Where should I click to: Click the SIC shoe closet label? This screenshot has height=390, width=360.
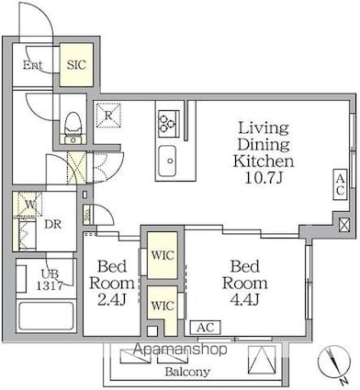click(x=76, y=65)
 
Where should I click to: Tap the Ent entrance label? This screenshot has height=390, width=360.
click(x=33, y=65)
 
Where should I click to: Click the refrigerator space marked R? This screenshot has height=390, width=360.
click(x=108, y=116)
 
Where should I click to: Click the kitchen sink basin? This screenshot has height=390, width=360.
click(x=167, y=161)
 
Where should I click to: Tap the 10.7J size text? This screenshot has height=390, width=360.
click(x=264, y=177)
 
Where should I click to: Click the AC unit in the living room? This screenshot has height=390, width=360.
click(x=340, y=184)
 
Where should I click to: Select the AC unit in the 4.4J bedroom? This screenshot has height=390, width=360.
click(x=205, y=328)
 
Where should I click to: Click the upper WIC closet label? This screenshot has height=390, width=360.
click(x=163, y=255)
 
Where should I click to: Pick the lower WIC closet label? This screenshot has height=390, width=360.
click(x=163, y=306)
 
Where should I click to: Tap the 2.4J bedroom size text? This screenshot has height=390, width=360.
click(x=112, y=299)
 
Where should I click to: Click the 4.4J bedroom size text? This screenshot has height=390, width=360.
click(x=245, y=299)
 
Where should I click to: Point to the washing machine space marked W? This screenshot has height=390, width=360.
click(x=29, y=204)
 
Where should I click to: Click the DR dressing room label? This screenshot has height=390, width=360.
click(x=52, y=225)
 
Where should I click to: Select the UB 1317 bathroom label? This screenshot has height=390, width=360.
click(x=50, y=279)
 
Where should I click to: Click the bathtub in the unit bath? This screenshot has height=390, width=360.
click(x=46, y=316)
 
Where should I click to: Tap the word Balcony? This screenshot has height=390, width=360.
click(x=187, y=372)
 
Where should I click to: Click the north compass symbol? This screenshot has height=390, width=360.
click(x=334, y=363)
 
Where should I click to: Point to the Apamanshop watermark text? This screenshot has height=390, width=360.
click(x=181, y=350)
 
